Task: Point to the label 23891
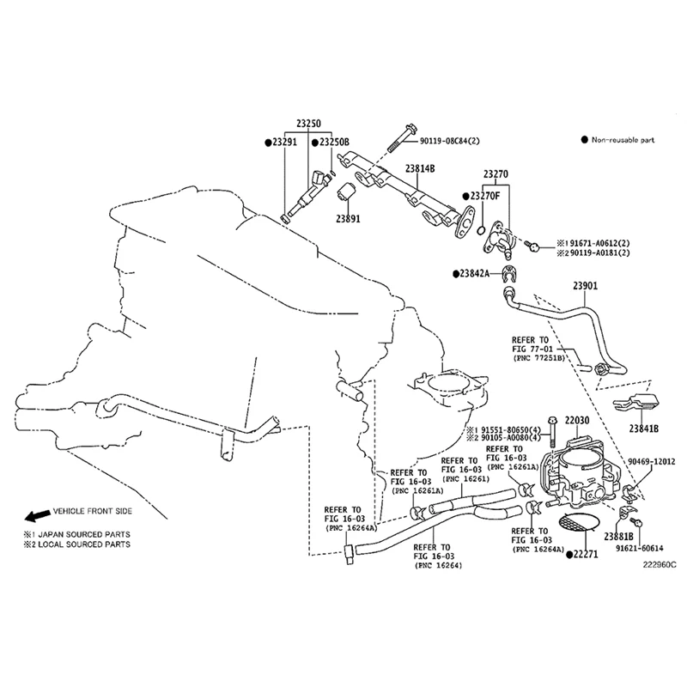pos(348,219)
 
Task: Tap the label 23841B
pos(642,428)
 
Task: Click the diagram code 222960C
pos(660,565)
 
